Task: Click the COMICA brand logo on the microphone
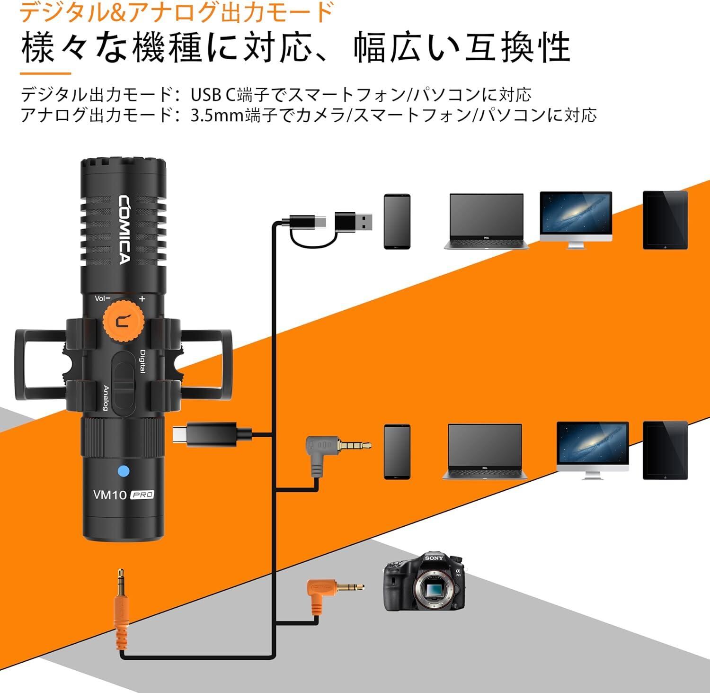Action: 124,230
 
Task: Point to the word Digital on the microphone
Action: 142,361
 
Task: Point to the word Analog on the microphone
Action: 106,398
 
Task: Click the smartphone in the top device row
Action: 397,221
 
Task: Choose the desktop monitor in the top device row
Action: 576,219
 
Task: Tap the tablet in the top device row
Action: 665,220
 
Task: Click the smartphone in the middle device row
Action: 397,451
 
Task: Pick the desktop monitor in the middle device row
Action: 592,450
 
